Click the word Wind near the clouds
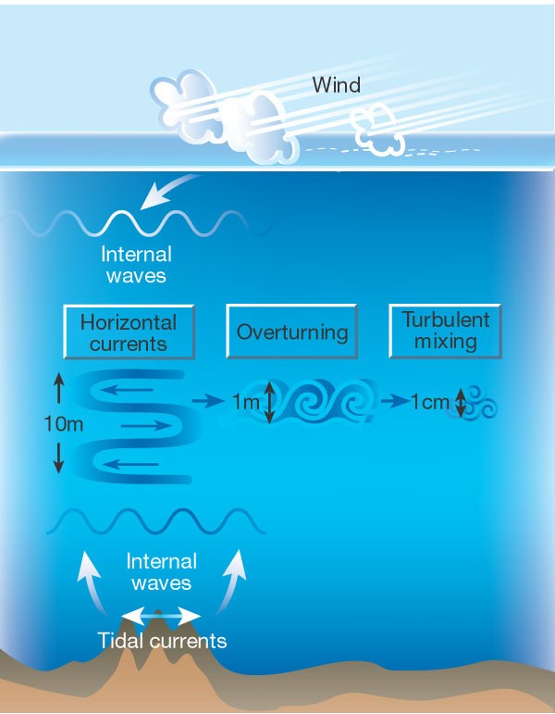pyautogui.click(x=336, y=86)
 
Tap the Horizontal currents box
pyautogui.click(x=128, y=332)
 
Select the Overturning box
pyautogui.click(x=292, y=332)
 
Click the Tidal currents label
pyautogui.click(x=163, y=640)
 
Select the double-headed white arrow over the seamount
pyautogui.click(x=163, y=614)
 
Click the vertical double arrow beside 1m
pyautogui.click(x=269, y=403)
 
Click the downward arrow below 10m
pyautogui.click(x=59, y=457)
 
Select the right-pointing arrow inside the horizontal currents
pyautogui.click(x=146, y=426)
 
